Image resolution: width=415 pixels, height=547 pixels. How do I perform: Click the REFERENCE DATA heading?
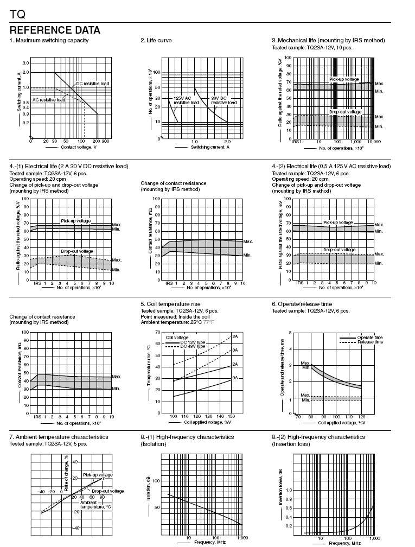coord(55,30)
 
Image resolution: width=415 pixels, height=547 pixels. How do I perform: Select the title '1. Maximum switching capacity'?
coord(49,40)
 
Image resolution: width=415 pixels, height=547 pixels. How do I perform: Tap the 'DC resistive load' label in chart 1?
coord(92,84)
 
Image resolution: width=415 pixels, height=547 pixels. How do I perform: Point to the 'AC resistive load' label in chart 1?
coord(48,100)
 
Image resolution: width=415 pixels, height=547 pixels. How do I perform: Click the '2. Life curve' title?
coord(156,40)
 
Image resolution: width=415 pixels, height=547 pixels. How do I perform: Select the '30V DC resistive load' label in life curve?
coord(224,100)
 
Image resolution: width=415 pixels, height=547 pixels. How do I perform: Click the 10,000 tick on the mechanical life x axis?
coord(374,142)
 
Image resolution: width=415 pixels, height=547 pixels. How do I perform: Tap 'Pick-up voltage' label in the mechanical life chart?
coord(344,79)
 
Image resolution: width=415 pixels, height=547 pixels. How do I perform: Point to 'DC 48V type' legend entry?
coord(193,346)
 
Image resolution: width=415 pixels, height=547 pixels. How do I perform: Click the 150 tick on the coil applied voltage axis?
coord(231,416)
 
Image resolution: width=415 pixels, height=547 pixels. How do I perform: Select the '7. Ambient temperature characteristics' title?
coord(59,437)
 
